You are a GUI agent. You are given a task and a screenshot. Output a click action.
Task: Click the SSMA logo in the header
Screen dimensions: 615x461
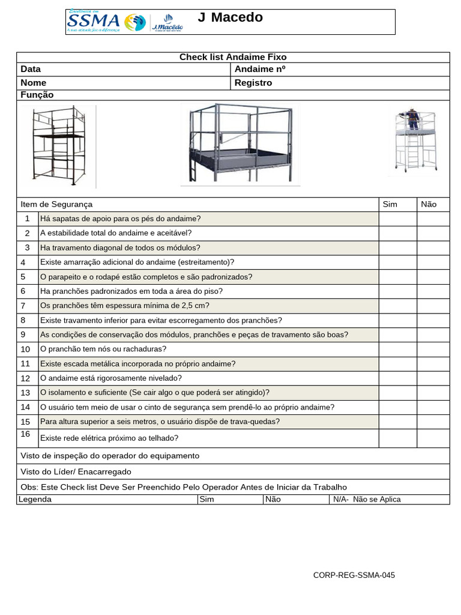point(106,22)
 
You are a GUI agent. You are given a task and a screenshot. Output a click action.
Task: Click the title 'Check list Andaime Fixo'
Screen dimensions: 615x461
point(233,57)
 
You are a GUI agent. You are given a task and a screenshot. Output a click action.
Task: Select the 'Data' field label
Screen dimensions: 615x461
point(31,69)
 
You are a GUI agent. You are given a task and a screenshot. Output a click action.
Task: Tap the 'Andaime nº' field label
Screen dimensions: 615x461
point(260,69)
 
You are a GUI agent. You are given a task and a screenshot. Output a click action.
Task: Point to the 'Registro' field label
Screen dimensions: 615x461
point(253,83)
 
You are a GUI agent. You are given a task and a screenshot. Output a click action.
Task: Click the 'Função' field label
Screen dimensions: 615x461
point(37,95)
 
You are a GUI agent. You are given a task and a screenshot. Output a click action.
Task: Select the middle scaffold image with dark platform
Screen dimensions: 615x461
point(240,144)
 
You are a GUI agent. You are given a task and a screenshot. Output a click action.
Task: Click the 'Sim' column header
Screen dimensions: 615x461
point(390,204)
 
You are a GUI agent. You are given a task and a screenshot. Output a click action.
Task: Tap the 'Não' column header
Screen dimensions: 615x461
point(429,204)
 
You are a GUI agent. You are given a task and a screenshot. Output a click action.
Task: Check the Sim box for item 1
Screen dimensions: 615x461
point(397,219)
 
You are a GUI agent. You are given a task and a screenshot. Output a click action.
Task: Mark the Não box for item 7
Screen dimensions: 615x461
point(433,306)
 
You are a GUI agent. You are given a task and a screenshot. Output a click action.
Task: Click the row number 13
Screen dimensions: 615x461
point(25,393)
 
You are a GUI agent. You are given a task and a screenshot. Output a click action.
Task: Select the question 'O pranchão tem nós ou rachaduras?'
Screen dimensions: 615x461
point(103,349)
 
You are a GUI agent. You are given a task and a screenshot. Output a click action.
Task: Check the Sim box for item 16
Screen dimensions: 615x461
point(397,438)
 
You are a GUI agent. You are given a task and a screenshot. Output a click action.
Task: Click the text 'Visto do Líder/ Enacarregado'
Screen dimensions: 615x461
point(76,471)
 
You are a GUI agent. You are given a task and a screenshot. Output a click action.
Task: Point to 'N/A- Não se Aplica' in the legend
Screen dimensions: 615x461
point(367,499)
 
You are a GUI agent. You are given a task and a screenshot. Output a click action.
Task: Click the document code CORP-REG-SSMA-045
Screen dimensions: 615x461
point(354,575)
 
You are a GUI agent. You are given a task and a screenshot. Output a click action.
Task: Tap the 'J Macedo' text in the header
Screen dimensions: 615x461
point(230,17)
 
